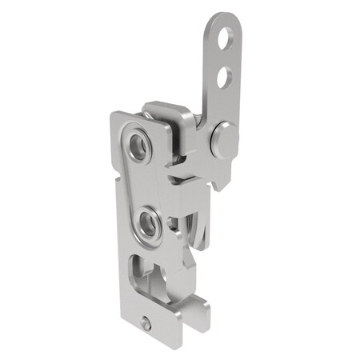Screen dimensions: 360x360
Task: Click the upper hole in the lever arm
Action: click(229, 37)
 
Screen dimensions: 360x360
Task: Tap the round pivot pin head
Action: click(222, 141)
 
